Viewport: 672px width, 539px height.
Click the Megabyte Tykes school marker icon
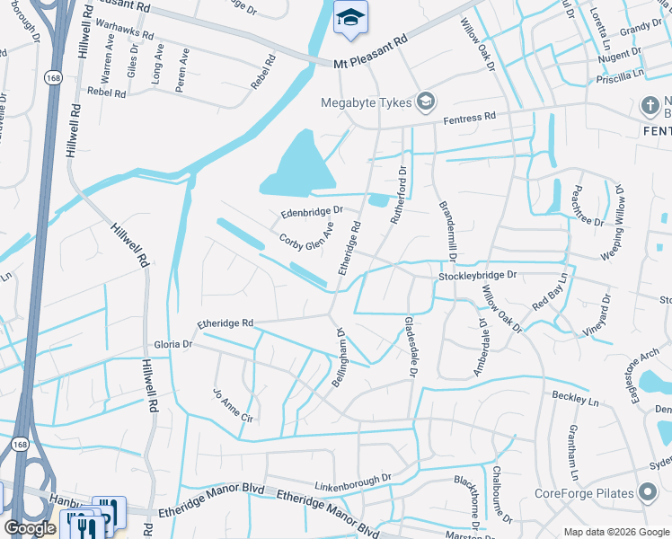tap(425, 101)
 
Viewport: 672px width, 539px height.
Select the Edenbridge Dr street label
tap(312, 212)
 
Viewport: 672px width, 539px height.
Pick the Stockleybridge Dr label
tap(479, 276)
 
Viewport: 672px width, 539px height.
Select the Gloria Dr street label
tap(173, 344)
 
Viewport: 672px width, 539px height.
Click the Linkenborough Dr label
tap(354, 483)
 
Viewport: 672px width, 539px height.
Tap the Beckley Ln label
tap(575, 397)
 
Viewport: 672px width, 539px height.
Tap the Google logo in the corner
tap(30, 528)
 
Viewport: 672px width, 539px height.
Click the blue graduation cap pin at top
tap(349, 17)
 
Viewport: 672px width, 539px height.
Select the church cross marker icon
tap(650, 106)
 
